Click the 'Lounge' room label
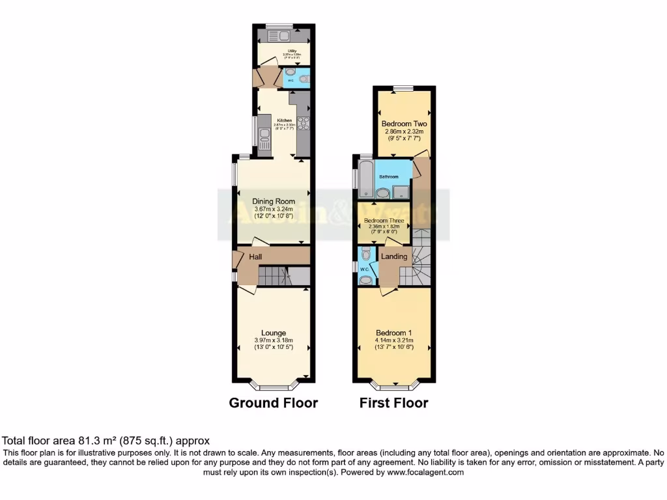pyautogui.click(x=274, y=333)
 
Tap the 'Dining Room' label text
pyautogui.click(x=274, y=201)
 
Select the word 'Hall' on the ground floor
pyautogui.click(x=255, y=258)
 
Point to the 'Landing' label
pyautogui.click(x=394, y=257)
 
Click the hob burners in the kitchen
pyautogui.click(x=304, y=122)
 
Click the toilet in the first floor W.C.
pyautogui.click(x=366, y=253)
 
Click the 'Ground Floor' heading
pyautogui.click(x=274, y=403)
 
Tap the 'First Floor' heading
pyautogui.click(x=394, y=403)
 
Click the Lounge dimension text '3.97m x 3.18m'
pyautogui.click(x=274, y=340)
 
